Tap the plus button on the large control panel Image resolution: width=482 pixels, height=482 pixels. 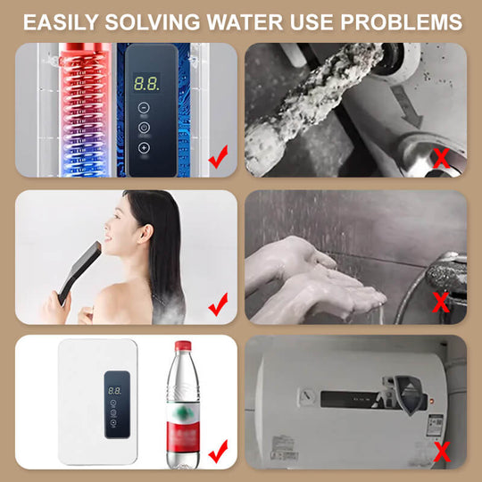coord(144,147)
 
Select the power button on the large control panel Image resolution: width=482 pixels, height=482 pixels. coord(144,127)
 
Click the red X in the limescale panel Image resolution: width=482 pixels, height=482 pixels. coord(440,158)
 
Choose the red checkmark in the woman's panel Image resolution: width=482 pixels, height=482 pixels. coord(217,307)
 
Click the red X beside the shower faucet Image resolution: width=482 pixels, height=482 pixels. coord(440,301)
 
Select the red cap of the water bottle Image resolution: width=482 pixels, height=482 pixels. coord(182,345)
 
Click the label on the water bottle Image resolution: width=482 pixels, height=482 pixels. coord(182,420)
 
